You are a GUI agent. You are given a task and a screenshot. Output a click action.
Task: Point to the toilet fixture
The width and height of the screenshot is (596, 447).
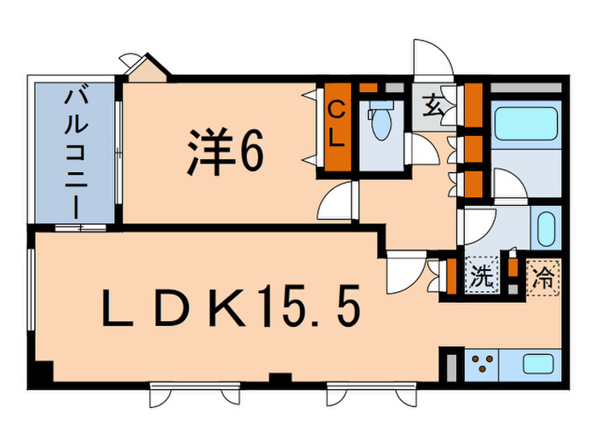click(379, 123)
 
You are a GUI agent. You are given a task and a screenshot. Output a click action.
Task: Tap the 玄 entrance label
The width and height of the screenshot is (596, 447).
click(433, 108)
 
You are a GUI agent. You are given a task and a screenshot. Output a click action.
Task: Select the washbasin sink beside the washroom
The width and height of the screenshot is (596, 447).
click(545, 228)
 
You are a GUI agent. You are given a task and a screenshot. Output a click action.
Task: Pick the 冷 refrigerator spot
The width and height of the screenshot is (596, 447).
click(542, 276)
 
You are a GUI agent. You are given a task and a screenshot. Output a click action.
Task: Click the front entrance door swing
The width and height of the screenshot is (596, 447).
click(433, 61)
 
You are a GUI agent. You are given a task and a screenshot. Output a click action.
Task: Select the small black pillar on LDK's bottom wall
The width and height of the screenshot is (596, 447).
click(277, 378)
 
